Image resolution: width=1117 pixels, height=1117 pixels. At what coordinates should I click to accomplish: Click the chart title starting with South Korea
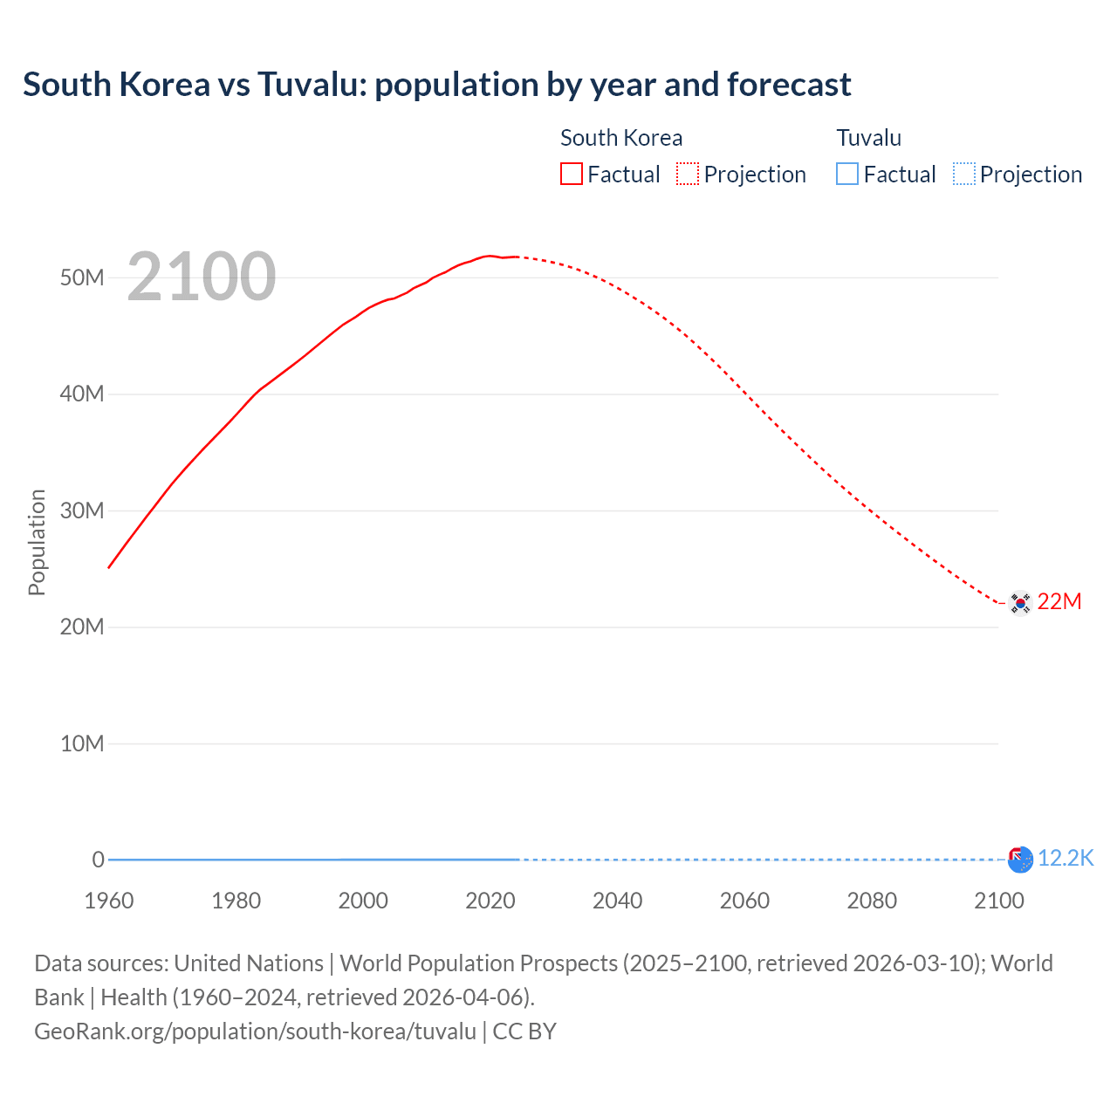click(436, 85)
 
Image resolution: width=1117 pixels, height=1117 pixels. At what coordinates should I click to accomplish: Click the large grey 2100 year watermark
click(202, 277)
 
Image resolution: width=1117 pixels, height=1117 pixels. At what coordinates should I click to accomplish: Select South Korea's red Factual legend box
click(572, 174)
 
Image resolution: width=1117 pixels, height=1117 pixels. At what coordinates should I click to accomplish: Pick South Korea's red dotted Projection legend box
click(688, 174)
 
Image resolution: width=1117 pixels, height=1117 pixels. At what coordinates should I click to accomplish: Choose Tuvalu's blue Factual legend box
click(847, 174)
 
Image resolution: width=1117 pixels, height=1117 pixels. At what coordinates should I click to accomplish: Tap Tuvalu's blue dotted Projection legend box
click(963, 174)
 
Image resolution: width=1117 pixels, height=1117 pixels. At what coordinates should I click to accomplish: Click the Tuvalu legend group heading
click(868, 138)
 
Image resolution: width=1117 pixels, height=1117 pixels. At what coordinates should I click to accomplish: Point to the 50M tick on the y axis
click(82, 278)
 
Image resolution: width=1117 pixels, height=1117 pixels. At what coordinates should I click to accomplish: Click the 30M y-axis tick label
click(82, 511)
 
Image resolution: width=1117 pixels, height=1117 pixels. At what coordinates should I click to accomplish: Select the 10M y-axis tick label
click(82, 744)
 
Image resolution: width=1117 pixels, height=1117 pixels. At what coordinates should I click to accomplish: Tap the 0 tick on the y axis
click(98, 860)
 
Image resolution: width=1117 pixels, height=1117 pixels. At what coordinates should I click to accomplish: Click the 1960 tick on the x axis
click(109, 901)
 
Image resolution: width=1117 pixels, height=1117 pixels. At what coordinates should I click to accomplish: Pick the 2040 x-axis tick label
click(617, 901)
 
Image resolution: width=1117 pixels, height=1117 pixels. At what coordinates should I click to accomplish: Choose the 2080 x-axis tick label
click(872, 901)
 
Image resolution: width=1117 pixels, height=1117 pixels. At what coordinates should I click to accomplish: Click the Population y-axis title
click(37, 542)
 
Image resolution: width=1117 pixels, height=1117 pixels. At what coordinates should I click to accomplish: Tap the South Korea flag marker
click(1019, 603)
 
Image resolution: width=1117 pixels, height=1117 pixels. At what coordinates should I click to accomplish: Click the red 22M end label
click(1059, 601)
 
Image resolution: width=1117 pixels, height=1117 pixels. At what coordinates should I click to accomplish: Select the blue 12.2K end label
click(1066, 858)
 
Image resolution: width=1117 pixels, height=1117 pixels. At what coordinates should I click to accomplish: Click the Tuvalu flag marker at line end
click(1020, 860)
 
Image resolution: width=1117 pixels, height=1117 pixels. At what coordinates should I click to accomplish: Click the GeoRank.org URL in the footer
click(255, 1031)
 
